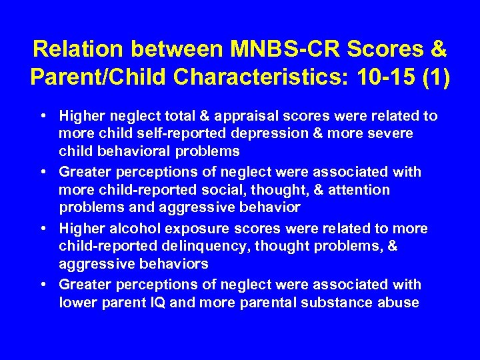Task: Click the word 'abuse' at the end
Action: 399,302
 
